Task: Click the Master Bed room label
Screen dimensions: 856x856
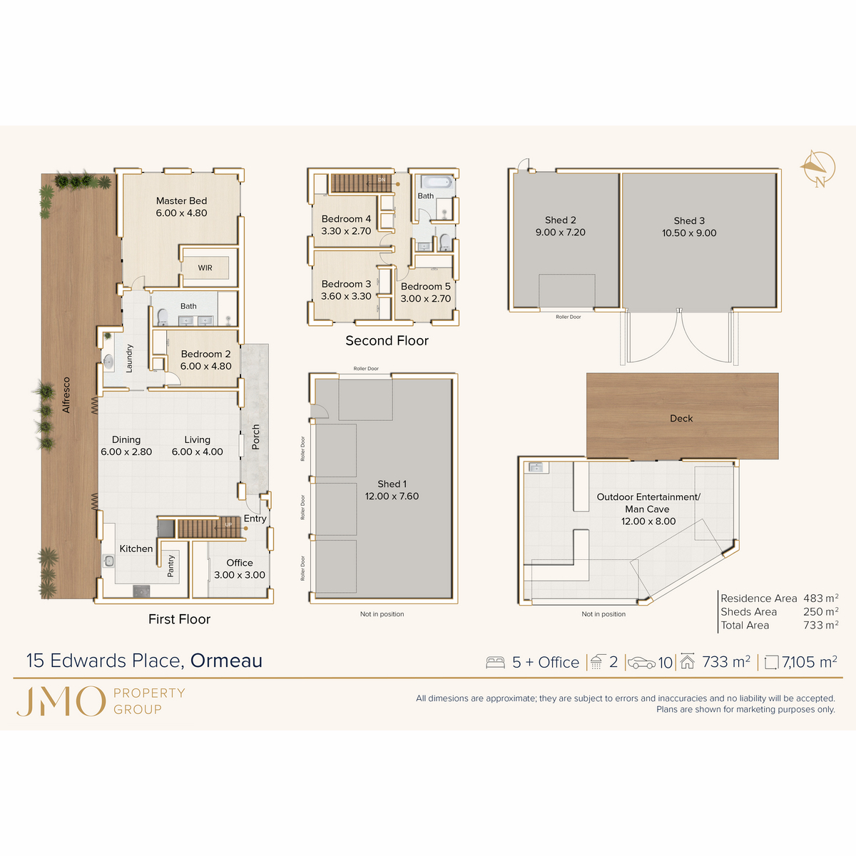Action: click(x=181, y=201)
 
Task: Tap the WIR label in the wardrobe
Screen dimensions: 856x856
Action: click(x=205, y=268)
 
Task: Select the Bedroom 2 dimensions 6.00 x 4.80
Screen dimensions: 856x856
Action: click(x=205, y=366)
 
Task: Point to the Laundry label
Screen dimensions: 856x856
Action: click(x=129, y=358)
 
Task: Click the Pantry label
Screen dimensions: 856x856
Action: click(x=170, y=566)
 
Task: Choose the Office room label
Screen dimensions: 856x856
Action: click(x=240, y=563)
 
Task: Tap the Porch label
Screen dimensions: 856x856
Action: click(x=256, y=437)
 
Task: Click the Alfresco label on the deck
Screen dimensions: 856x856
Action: click(x=66, y=394)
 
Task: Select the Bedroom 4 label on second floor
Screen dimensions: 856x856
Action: click(x=346, y=219)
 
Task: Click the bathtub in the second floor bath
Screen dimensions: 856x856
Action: click(x=436, y=182)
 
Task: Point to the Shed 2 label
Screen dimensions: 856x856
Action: click(x=560, y=220)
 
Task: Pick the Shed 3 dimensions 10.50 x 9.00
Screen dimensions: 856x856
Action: click(x=689, y=233)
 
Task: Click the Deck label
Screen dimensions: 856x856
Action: click(x=681, y=419)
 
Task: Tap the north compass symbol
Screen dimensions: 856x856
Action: click(x=817, y=169)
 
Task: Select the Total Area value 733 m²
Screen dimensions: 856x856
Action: click(x=820, y=625)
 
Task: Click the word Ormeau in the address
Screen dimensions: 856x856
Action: click(x=226, y=661)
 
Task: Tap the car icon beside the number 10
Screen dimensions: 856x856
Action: click(x=641, y=663)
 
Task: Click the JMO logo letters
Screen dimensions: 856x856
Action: click(x=61, y=701)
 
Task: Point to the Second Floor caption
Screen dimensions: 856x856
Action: click(x=387, y=341)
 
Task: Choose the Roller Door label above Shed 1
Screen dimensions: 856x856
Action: click(x=366, y=369)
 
